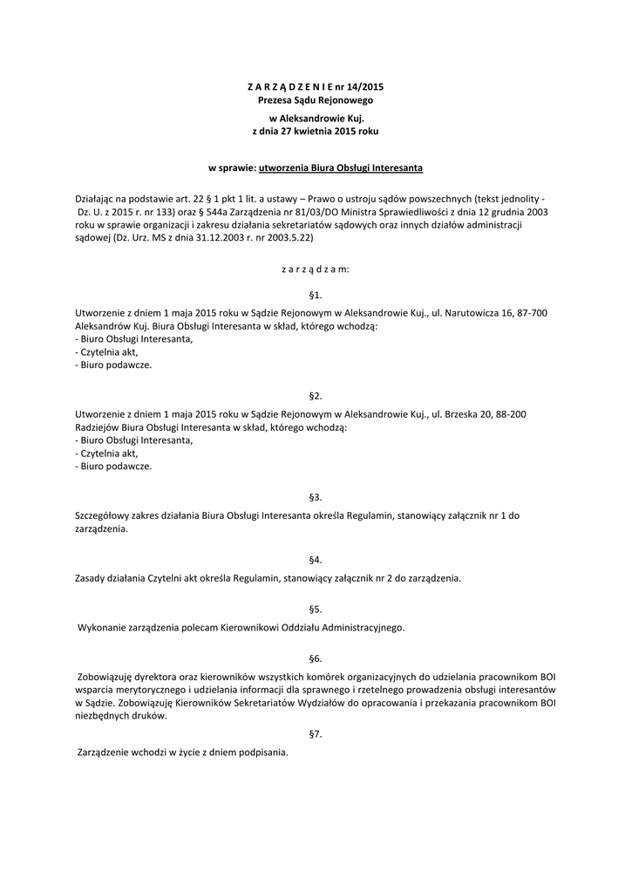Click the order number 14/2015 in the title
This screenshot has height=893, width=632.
(x=365, y=87)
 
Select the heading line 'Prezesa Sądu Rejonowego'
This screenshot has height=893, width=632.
(x=315, y=101)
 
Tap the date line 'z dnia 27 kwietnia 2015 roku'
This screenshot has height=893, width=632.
(x=315, y=131)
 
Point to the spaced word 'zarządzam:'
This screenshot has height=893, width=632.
(x=315, y=269)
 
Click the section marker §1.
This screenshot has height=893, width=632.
(x=316, y=296)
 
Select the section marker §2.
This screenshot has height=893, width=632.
(x=316, y=396)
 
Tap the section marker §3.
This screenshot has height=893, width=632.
(x=316, y=497)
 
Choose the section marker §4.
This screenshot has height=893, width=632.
(x=316, y=560)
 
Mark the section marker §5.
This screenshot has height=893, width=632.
(x=316, y=610)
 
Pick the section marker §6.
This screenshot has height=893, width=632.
(x=316, y=659)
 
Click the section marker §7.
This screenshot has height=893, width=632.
(x=316, y=734)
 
